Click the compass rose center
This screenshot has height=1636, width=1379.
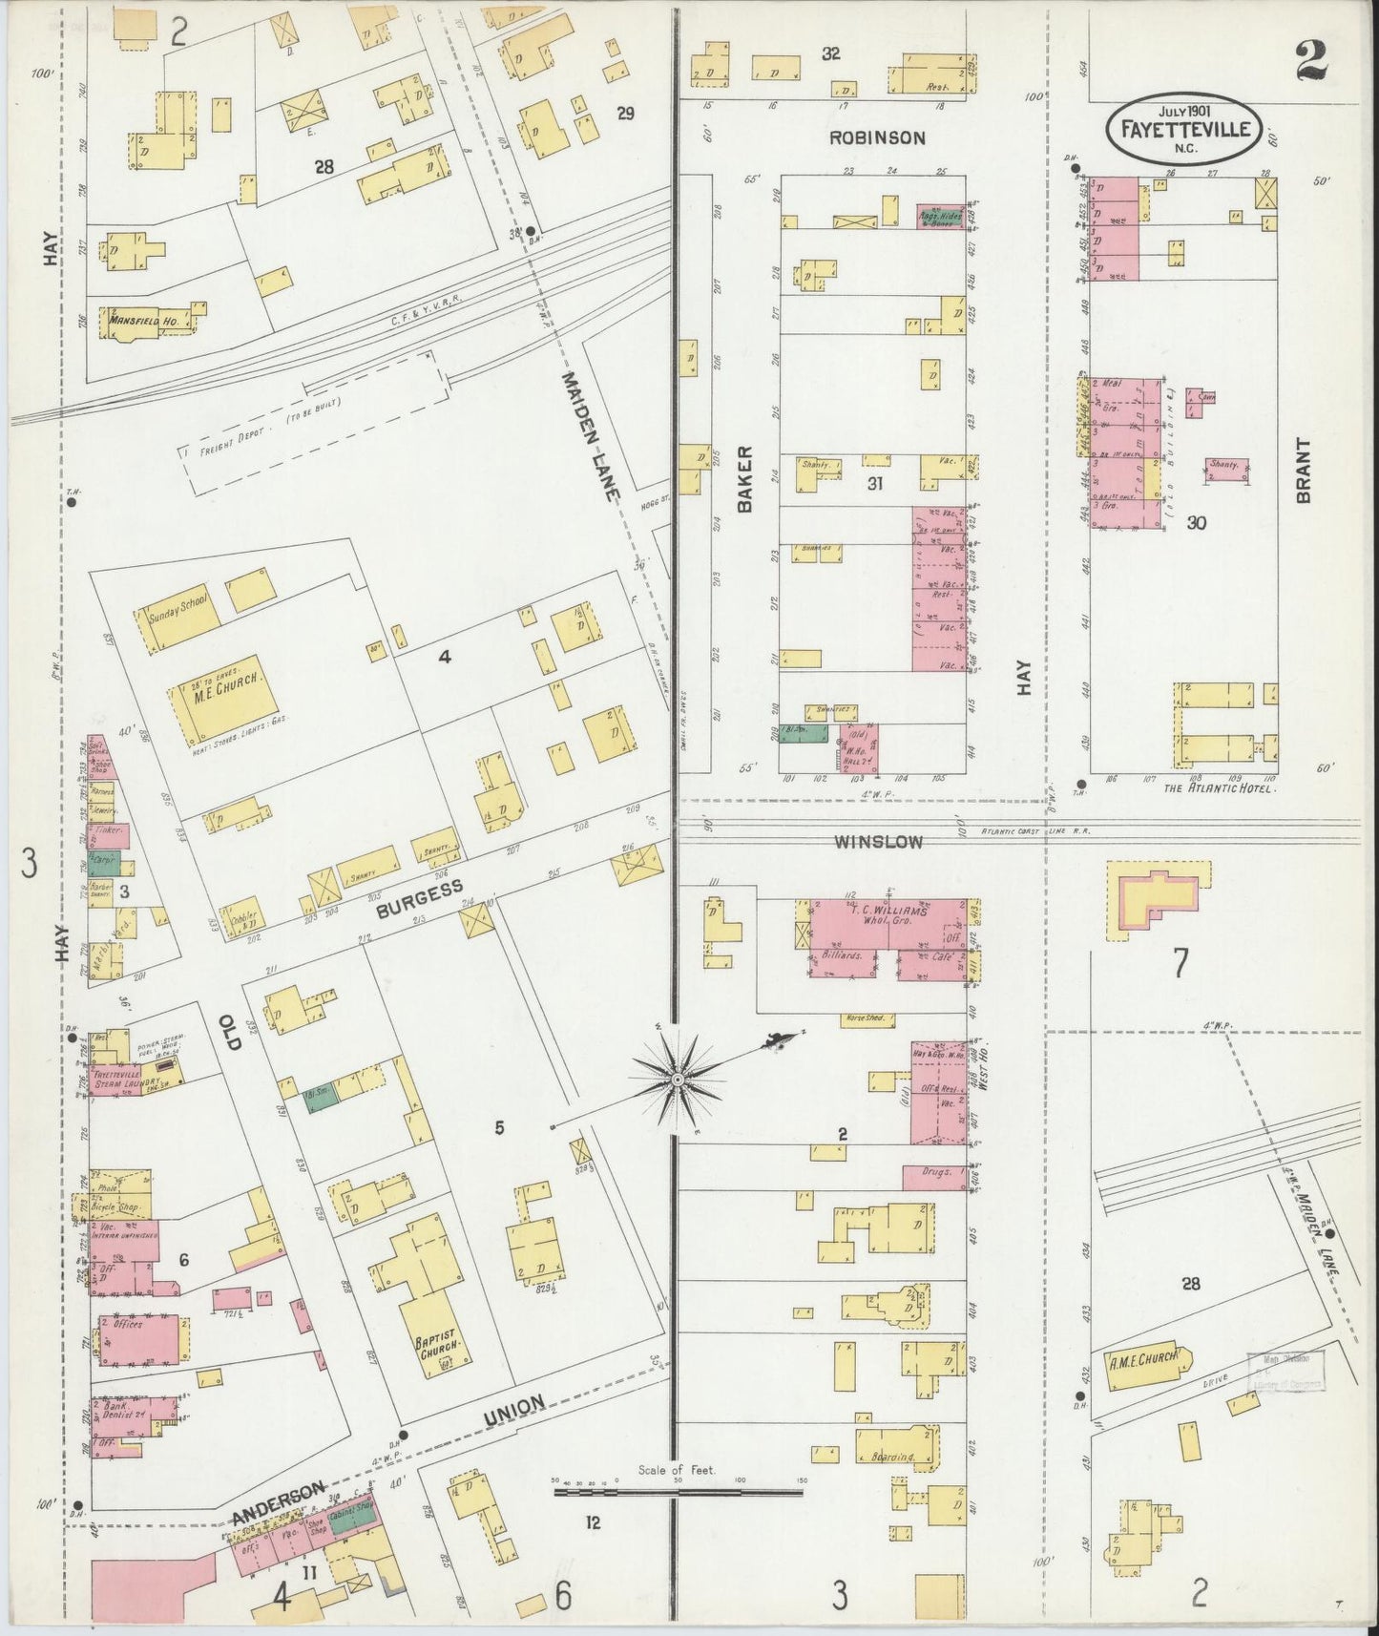pos(677,1080)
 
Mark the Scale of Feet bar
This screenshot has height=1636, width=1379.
pos(678,1488)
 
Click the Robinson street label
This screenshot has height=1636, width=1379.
pos(876,137)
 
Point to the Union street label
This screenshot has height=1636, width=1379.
pos(515,1412)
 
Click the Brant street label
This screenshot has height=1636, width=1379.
pos(1303,470)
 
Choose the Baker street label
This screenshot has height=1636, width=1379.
pos(745,479)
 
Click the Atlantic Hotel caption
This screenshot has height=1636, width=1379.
pos(1220,788)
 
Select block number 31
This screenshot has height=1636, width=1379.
pos(874,484)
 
